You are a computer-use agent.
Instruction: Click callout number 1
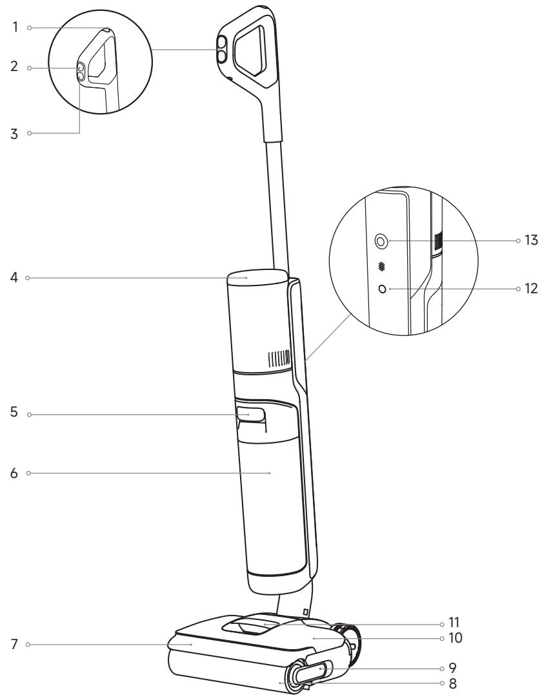pyautogui.click(x=15, y=28)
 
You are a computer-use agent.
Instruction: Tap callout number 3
pyautogui.click(x=15, y=134)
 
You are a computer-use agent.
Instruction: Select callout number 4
pyautogui.click(x=14, y=278)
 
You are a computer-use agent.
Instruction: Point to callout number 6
pyautogui.click(x=14, y=473)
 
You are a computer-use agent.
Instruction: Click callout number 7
pyautogui.click(x=15, y=644)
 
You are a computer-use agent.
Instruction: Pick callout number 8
pyautogui.click(x=452, y=683)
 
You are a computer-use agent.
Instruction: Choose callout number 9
pyautogui.click(x=452, y=667)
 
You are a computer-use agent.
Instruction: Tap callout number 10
pyautogui.click(x=455, y=638)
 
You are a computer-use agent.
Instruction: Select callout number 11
pyautogui.click(x=454, y=622)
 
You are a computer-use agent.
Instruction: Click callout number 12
pyautogui.click(x=531, y=289)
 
